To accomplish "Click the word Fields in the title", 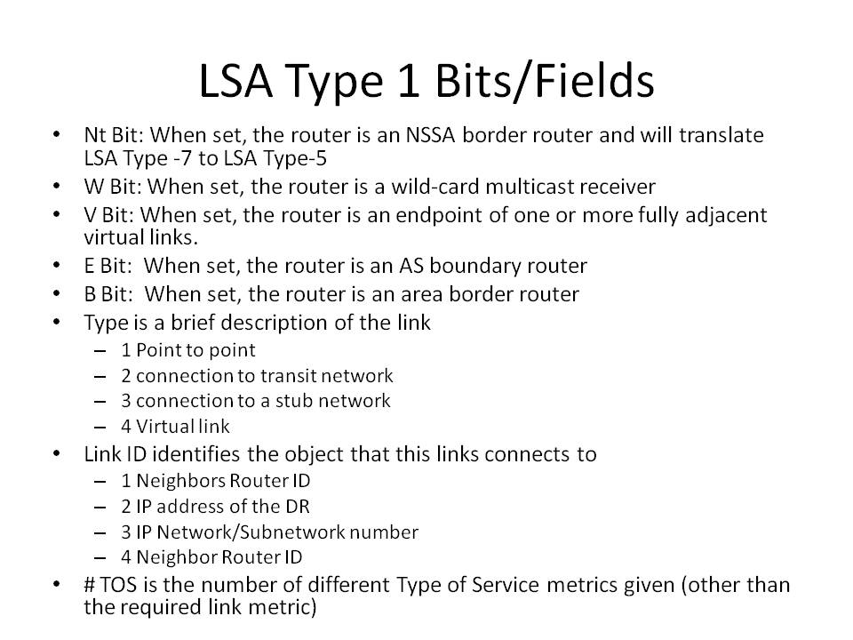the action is click(594, 81).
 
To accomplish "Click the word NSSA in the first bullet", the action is click(430, 135).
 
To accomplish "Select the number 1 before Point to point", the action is click(126, 350).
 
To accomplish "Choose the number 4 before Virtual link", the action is click(126, 426).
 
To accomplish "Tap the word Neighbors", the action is click(180, 481).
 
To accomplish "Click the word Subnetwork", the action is click(291, 532).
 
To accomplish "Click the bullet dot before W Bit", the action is click(57, 186).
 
